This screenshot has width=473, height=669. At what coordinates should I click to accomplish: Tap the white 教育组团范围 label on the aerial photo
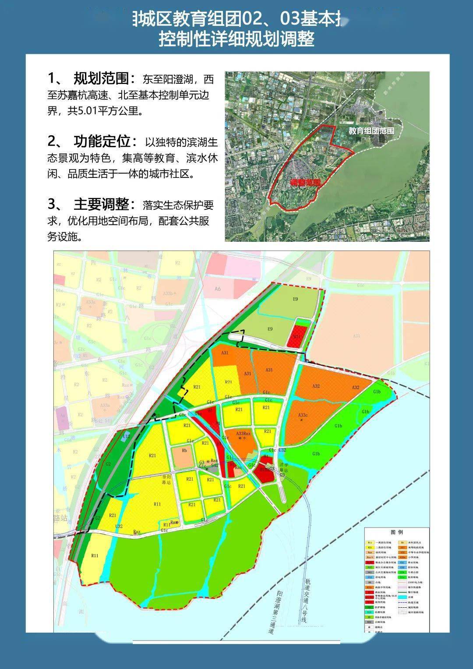pos(371,131)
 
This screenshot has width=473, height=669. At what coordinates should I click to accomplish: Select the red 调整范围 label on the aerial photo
pos(306,182)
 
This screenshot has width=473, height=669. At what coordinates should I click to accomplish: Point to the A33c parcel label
pos(303,415)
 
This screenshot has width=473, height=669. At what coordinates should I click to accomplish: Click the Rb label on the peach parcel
pos(184,450)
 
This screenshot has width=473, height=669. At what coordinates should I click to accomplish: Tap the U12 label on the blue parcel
pos(126,436)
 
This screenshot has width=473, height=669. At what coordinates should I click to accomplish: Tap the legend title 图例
pos(396,532)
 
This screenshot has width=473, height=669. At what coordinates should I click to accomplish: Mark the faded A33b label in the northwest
pos(91,302)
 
